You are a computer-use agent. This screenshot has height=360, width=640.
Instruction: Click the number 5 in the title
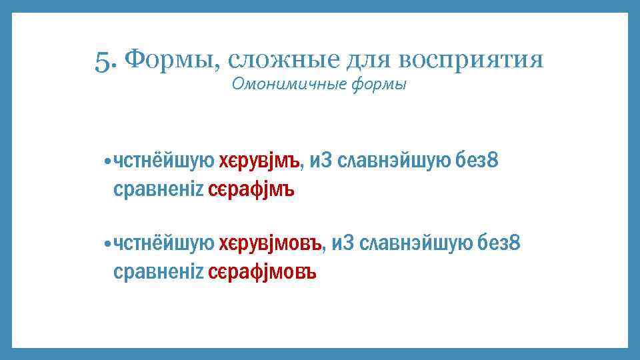point(103,61)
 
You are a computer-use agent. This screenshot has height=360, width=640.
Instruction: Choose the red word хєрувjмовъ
point(271,245)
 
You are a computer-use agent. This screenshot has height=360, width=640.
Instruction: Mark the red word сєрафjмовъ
point(262,273)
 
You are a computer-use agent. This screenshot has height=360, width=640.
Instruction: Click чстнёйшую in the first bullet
point(163,161)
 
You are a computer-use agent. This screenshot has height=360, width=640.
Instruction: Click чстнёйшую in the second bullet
point(163,245)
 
